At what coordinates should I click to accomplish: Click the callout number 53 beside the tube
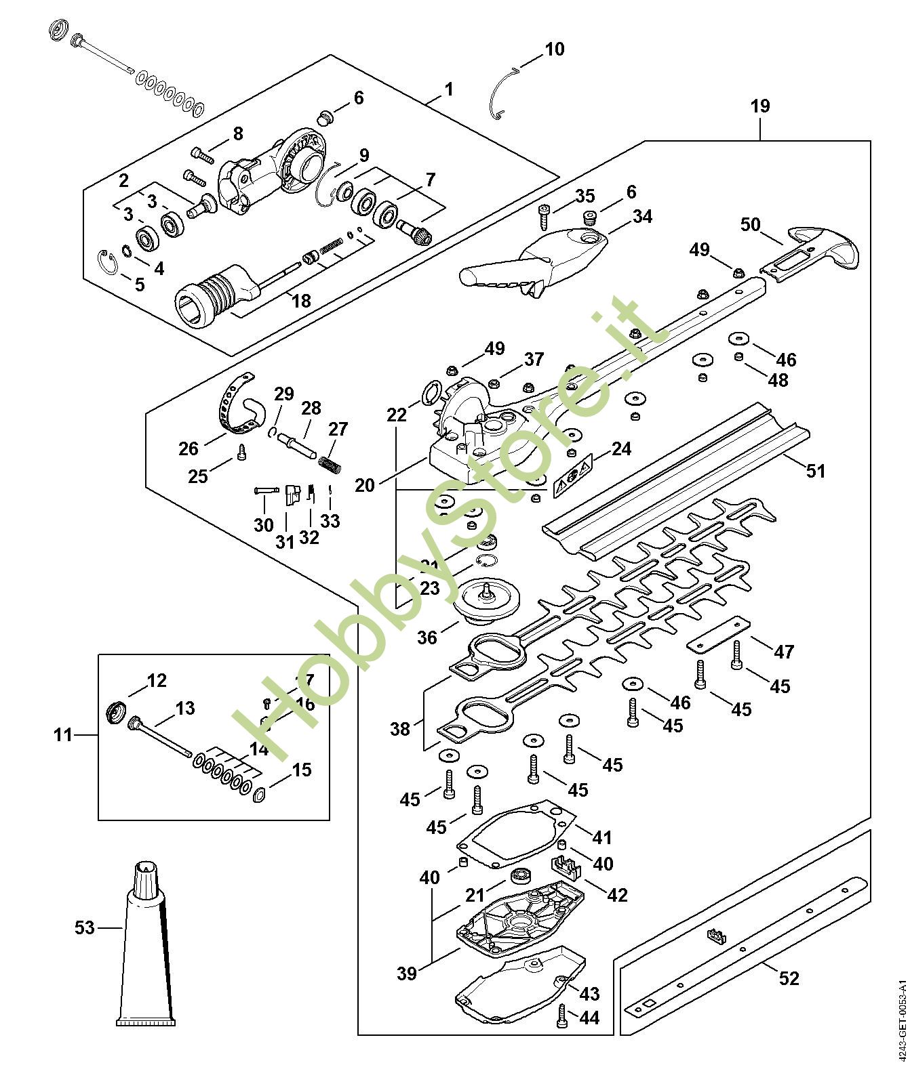pos(85,927)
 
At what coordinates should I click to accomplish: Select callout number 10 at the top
pos(554,49)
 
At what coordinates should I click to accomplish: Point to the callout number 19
pos(760,106)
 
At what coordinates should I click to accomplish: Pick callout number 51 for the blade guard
pos(815,470)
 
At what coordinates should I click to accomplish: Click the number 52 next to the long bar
pos(789,978)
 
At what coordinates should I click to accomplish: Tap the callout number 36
pos(427,637)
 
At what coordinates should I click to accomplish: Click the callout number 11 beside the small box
pos(63,734)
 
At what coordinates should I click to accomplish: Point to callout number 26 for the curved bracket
pos(189,448)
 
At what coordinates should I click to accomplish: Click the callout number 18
pos(301,300)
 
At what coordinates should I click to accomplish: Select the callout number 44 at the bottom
pos(589,1018)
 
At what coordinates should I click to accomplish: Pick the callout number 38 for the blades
pos(400,729)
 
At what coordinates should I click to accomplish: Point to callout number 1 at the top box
pos(449,89)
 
